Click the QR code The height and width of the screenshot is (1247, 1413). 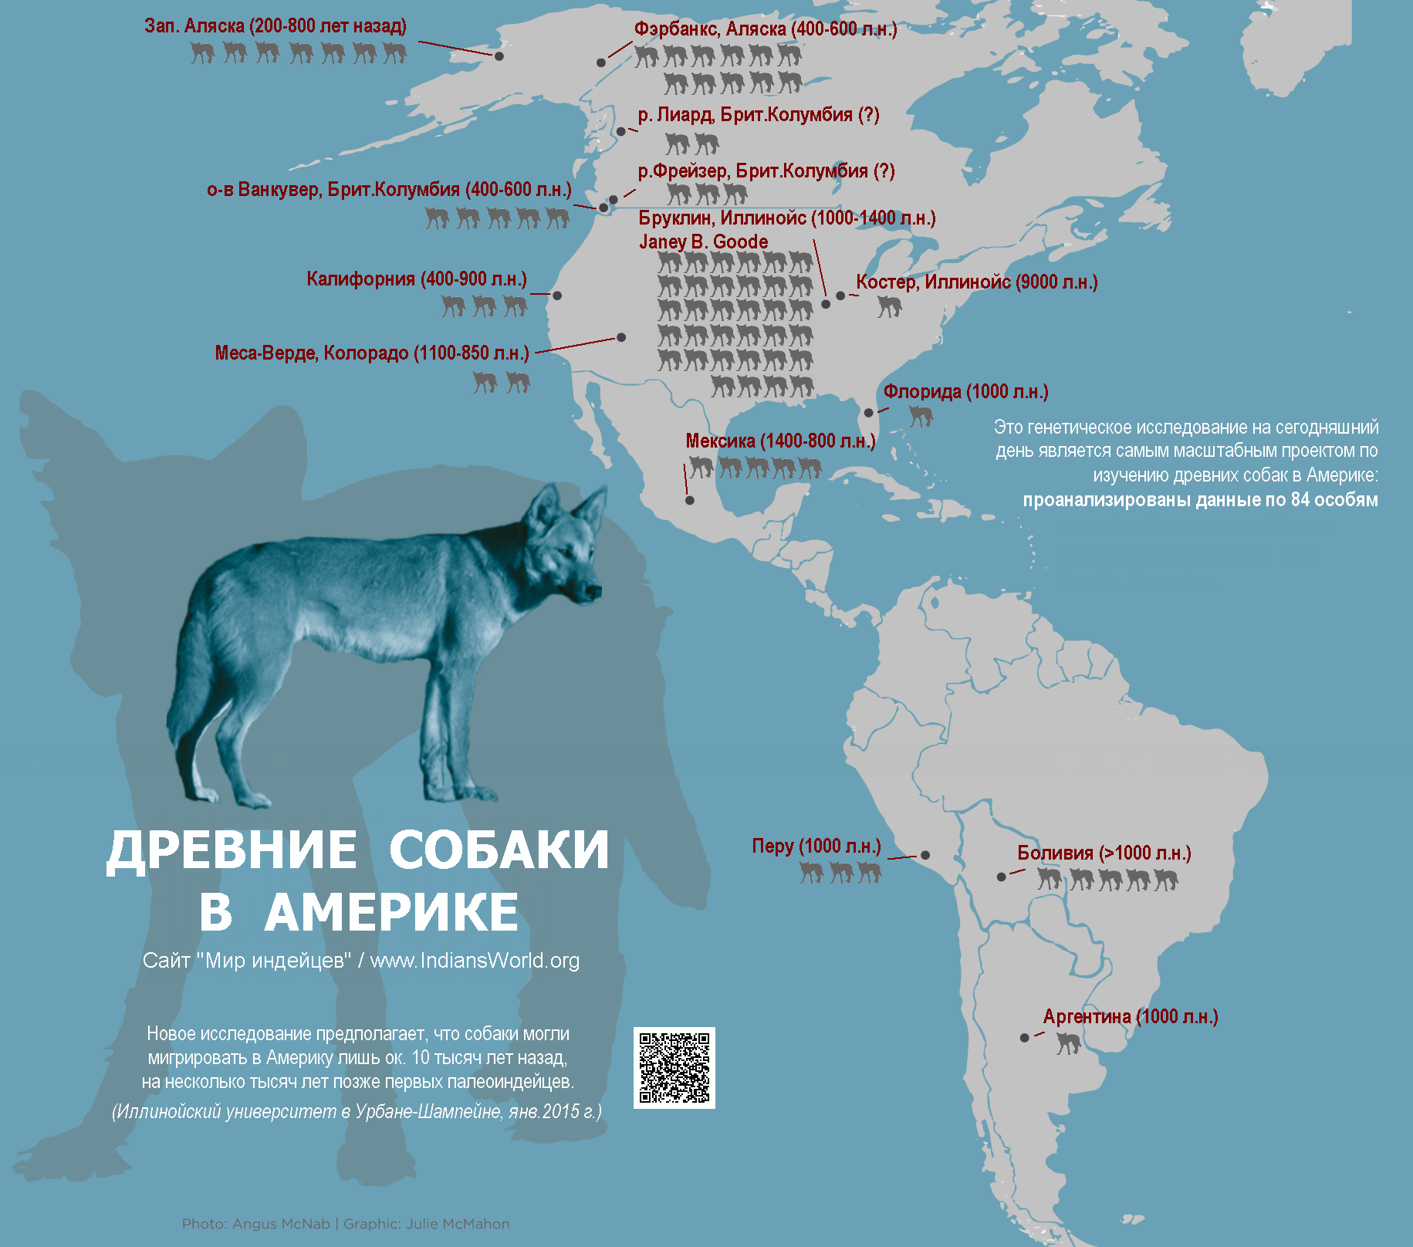point(674,1068)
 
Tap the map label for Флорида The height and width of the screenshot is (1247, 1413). point(965,392)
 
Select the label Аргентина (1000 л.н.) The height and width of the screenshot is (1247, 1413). point(1130,1017)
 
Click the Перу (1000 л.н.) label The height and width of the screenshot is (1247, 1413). point(816,847)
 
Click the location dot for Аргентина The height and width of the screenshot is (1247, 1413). point(1024,1038)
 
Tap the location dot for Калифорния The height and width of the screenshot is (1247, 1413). point(557,296)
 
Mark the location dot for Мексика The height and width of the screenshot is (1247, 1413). point(690,501)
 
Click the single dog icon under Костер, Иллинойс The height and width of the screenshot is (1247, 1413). point(889,307)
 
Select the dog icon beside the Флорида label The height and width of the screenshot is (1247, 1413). point(920,417)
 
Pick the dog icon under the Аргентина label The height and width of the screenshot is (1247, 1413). point(1068,1043)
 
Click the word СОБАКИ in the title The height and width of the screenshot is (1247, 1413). point(499,850)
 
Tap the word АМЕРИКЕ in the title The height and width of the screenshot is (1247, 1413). point(391,912)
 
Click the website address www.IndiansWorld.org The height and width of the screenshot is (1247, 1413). point(475,961)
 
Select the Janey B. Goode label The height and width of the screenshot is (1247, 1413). point(703,242)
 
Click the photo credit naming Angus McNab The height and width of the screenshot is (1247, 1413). point(255,1224)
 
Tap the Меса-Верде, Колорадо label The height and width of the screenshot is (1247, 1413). point(372,353)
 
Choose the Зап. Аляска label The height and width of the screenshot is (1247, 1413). point(276,26)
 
